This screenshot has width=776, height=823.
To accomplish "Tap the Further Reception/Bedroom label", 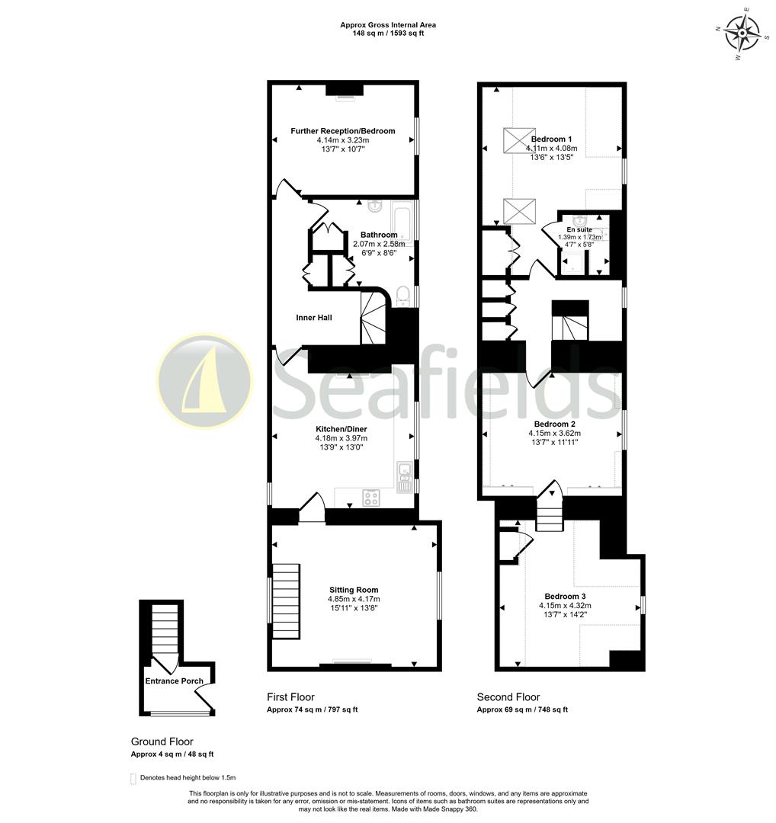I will click(x=342, y=131).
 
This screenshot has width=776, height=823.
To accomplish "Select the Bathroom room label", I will click(x=379, y=235).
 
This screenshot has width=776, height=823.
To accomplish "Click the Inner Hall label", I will click(x=314, y=317).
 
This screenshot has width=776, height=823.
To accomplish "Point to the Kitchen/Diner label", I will click(x=341, y=428).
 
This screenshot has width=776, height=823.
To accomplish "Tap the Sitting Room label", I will click(x=354, y=590).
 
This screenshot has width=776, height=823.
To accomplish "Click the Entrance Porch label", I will click(x=175, y=680).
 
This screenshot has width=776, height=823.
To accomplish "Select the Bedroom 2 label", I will click(x=554, y=424).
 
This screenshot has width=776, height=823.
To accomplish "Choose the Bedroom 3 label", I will click(x=565, y=596).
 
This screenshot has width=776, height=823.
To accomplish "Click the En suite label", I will click(x=579, y=229).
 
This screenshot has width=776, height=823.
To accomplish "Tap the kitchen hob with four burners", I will click(x=371, y=497).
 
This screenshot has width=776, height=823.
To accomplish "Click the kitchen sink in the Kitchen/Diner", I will click(x=403, y=472).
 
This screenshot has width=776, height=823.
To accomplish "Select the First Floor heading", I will click(x=290, y=697).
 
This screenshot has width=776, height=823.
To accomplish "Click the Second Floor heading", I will click(x=508, y=697).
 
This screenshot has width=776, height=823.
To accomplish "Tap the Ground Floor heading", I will click(x=162, y=741).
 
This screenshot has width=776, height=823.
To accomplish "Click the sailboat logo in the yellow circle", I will click(x=204, y=379).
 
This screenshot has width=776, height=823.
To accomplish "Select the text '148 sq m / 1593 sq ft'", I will click(x=388, y=34).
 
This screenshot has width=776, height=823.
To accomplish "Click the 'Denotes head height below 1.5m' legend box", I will click(x=133, y=778).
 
